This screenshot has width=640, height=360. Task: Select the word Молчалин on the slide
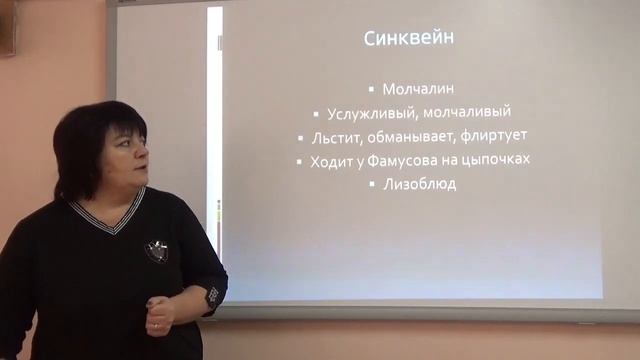click(x=418, y=89)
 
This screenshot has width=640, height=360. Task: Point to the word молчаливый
click(x=469, y=113)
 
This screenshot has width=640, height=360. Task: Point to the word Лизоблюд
click(x=419, y=184)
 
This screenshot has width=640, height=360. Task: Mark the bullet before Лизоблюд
click(x=372, y=185)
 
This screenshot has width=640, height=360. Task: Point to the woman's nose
click(x=142, y=158)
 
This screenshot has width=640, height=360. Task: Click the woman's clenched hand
click(x=158, y=316)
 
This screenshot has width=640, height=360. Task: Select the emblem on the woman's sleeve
click(x=213, y=296)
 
